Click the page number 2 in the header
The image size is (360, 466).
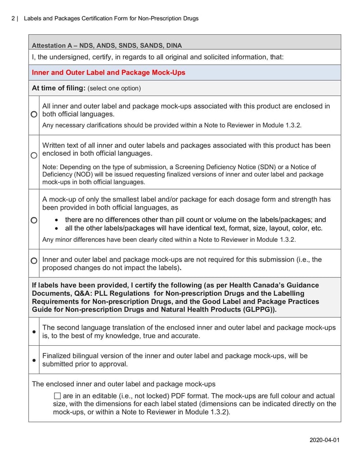pos(13,18)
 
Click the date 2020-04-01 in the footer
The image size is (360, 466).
pos(324,439)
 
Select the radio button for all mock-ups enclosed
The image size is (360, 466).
pos(34,115)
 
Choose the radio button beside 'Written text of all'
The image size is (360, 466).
pos(34,155)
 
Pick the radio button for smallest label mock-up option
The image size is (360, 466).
pos(34,220)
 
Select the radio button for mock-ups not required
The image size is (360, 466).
pos(34,261)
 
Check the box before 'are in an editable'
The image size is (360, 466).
pos(57,396)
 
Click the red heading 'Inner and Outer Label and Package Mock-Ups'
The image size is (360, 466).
pos(108,72)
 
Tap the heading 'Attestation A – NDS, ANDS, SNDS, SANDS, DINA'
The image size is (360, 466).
pos(107,45)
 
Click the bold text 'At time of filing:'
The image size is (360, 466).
pos(58,88)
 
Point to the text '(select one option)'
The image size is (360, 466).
pos(114,89)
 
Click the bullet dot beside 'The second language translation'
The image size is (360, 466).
pos(34,332)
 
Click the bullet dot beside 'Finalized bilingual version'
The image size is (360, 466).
pos(34,360)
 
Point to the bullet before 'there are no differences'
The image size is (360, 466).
pos(55,220)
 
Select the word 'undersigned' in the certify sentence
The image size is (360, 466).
pos(66,57)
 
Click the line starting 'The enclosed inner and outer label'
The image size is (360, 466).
pos(124,384)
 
